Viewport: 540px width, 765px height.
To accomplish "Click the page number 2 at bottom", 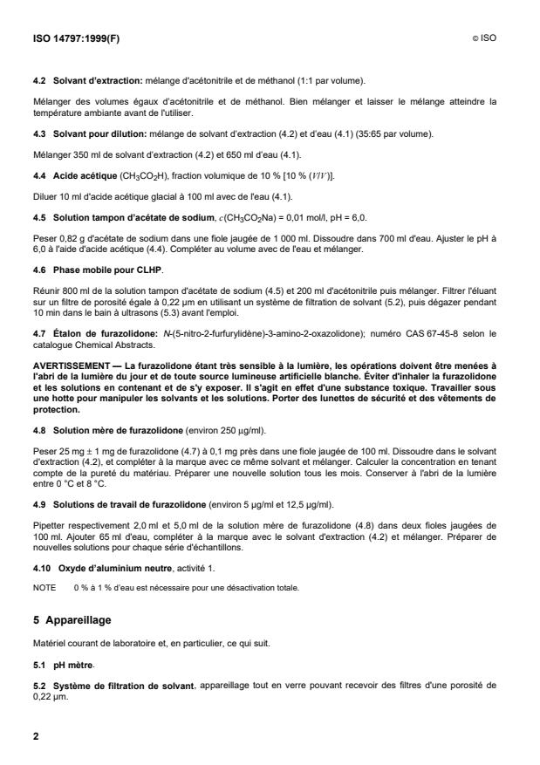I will click(36, 737).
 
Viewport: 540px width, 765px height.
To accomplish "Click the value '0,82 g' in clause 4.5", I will click(66, 233).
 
